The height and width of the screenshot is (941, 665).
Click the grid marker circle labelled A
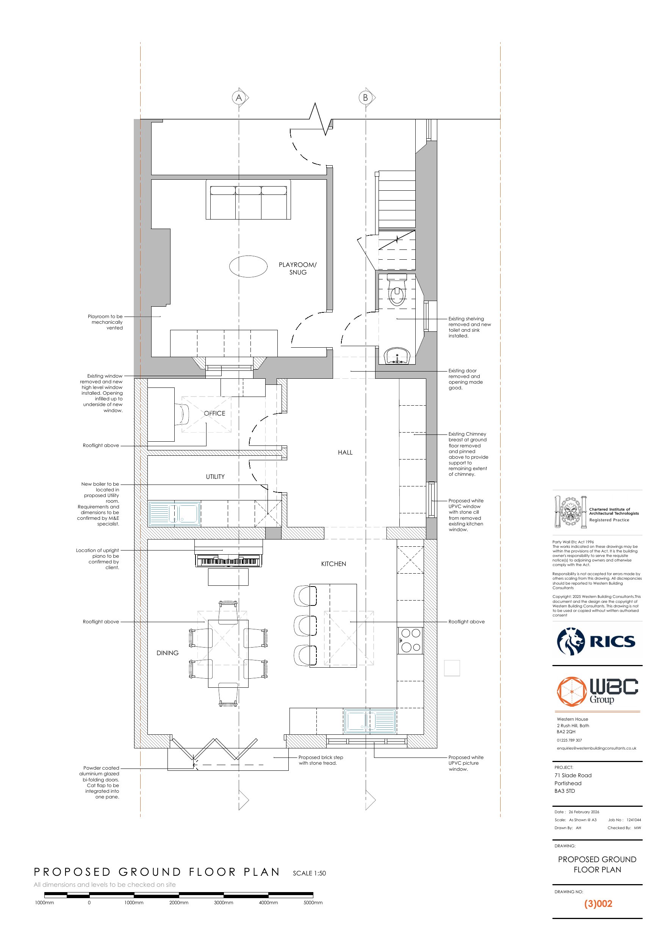pos(239,97)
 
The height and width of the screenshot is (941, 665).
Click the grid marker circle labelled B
pos(366,97)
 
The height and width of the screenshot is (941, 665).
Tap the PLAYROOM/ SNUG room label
pos(297,268)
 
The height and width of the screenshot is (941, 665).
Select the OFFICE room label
pos(215,413)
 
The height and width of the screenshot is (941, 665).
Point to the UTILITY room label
pos(215,477)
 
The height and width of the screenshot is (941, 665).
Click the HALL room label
pos(345,452)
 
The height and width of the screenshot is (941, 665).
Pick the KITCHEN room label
pos(333,564)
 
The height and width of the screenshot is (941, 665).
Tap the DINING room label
pos(167,653)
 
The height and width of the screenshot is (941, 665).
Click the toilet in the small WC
pos(397,290)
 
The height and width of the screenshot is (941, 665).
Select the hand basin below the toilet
pos(397,355)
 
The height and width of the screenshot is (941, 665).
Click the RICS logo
pos(596,641)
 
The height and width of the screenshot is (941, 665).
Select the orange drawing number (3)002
pos(598,904)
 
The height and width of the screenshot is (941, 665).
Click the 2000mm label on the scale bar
pos(178,902)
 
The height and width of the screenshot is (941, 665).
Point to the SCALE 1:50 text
pos(309,873)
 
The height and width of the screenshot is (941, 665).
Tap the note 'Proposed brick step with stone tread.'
pos(321,760)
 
